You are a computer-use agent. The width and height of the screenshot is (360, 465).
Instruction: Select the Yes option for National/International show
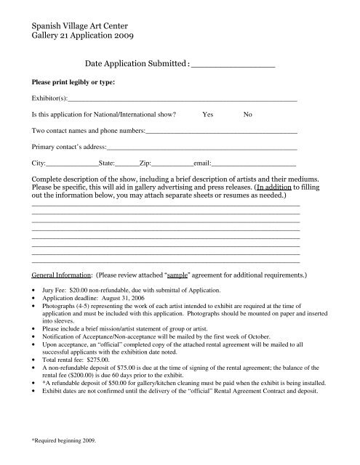pos(208,114)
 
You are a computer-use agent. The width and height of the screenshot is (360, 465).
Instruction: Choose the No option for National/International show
pos(248,114)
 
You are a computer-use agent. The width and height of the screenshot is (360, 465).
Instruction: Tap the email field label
pos(201,163)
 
